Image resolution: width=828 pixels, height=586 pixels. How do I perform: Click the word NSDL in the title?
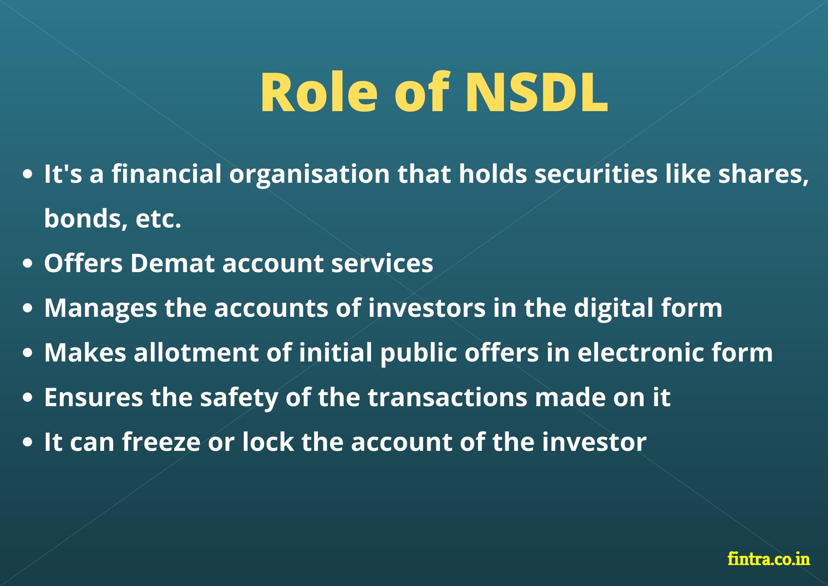coord(536,92)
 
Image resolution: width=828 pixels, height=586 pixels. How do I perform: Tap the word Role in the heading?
coord(319,92)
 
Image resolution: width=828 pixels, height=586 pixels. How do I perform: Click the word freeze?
coord(161,442)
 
